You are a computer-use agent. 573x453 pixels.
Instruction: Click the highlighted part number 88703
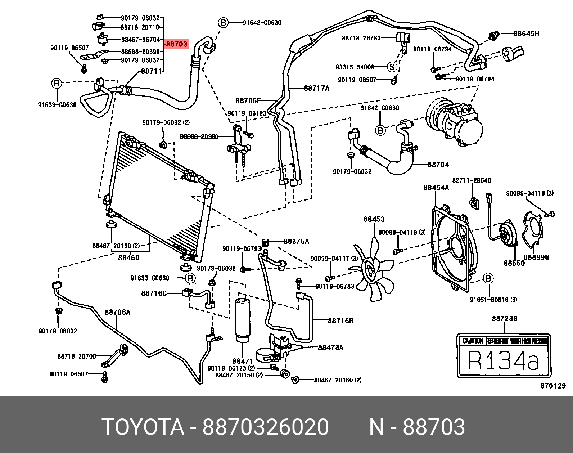(x=177, y=44)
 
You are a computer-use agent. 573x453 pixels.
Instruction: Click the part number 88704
(x=438, y=165)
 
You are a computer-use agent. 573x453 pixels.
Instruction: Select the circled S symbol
(x=392, y=67)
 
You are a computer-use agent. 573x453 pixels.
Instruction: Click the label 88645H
(x=526, y=34)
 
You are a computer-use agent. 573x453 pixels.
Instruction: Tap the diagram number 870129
(x=553, y=386)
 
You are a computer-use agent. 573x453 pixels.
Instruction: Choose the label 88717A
(x=316, y=88)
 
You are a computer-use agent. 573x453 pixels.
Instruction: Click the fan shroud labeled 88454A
(x=452, y=248)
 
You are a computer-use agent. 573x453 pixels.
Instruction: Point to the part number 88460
(x=128, y=258)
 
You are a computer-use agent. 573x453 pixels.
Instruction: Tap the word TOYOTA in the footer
(x=143, y=427)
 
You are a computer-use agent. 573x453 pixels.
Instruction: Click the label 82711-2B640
(x=472, y=180)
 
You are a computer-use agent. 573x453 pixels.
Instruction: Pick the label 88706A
(x=117, y=312)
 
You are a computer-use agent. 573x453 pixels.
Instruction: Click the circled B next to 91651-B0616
(x=488, y=278)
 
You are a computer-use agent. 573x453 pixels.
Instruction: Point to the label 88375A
(x=296, y=241)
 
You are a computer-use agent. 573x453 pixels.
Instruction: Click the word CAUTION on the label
(x=472, y=341)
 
